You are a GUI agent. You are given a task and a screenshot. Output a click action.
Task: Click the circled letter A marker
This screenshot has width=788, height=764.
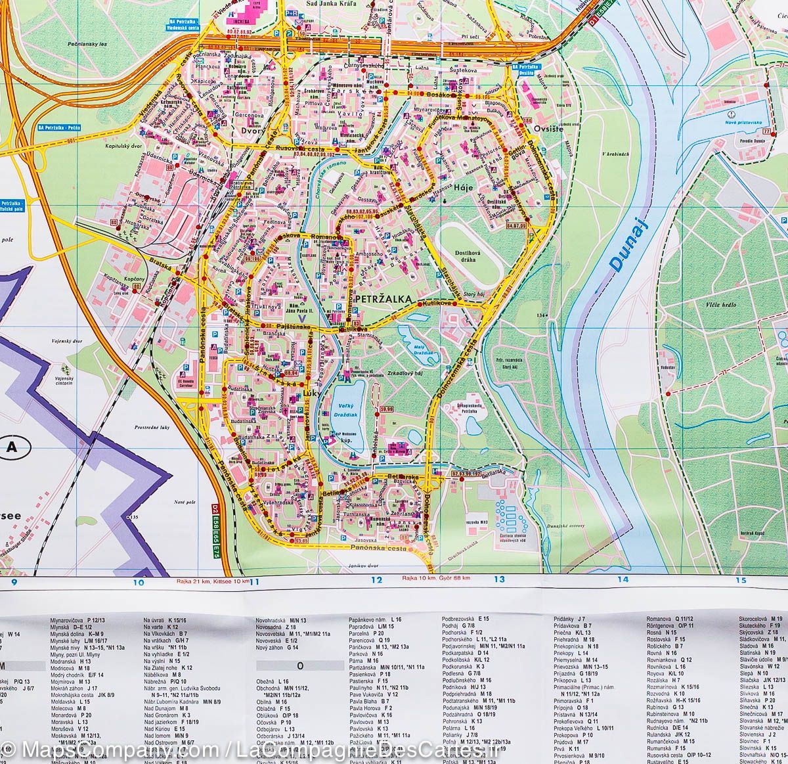tap(10, 448)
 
